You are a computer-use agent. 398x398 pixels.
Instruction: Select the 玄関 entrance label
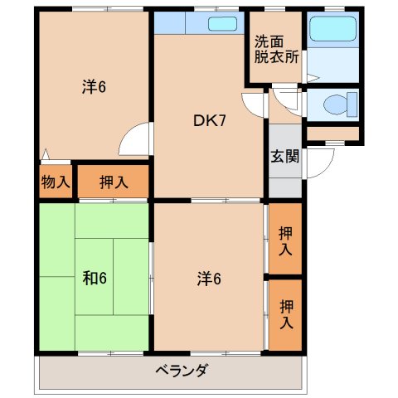[284, 154]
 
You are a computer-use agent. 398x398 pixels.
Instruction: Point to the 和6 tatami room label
[95, 278]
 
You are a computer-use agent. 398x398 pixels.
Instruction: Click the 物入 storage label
[56, 182]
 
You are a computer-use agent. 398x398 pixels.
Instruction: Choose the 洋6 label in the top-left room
[93, 85]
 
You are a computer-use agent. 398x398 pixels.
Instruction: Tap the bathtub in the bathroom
[331, 31]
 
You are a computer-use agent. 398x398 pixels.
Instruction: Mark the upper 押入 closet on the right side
[286, 240]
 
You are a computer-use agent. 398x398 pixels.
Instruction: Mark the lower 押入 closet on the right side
[286, 313]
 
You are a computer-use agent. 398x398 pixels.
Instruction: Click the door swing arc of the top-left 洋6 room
[138, 139]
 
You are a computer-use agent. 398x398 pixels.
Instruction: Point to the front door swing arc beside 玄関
[319, 162]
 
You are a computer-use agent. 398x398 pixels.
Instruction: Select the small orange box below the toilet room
[332, 133]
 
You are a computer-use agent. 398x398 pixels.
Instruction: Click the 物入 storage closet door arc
[47, 155]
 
